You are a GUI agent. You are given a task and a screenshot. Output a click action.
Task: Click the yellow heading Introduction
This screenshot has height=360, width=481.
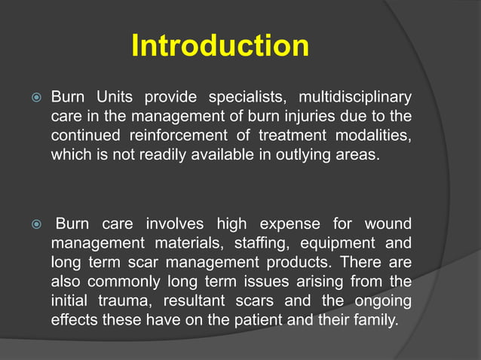click(219, 46)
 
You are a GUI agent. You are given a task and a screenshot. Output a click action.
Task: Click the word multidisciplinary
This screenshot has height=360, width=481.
click(355, 98)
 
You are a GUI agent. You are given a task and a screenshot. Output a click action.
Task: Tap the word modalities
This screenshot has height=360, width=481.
click(371, 136)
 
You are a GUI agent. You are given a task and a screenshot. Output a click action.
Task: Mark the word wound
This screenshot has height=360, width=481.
click(388, 224)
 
